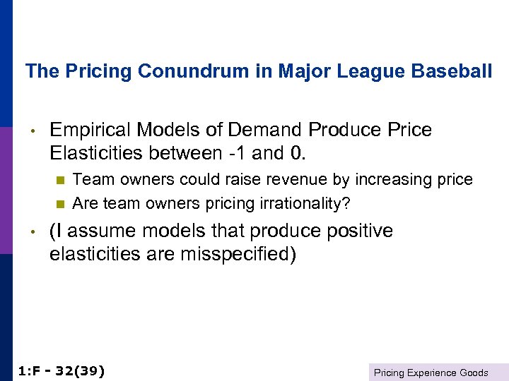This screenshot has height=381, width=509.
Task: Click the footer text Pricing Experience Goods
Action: (x=431, y=372)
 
